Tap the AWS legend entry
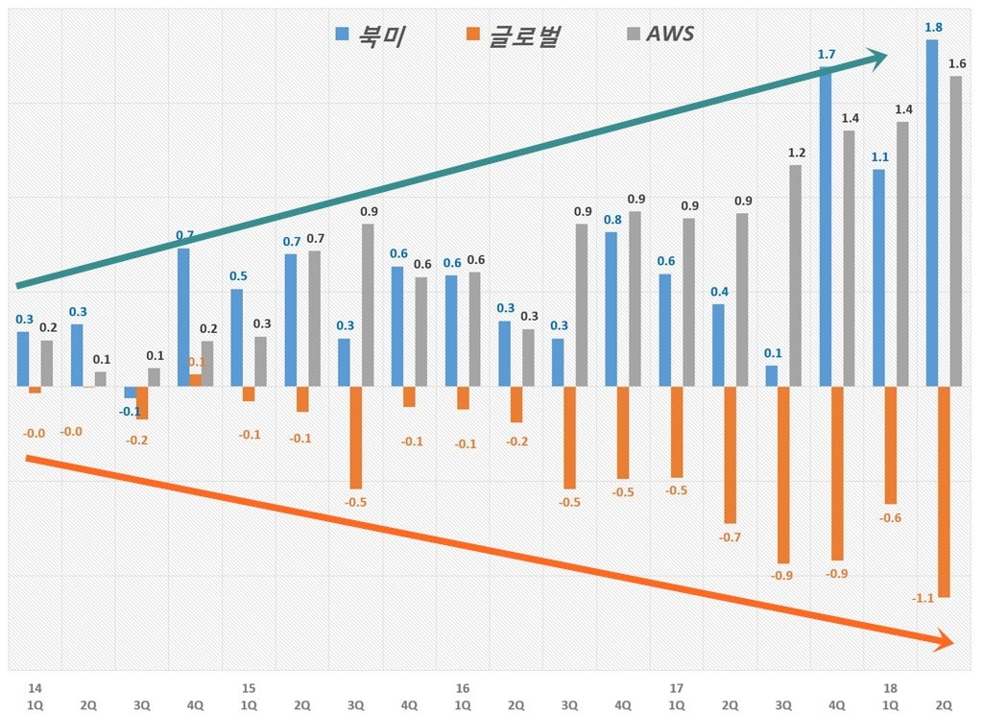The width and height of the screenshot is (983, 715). (659, 35)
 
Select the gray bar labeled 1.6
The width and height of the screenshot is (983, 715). (955, 231)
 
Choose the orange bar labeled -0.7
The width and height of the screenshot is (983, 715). (731, 454)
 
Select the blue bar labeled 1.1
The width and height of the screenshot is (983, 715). (878, 278)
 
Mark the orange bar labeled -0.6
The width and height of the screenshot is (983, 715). (890, 444)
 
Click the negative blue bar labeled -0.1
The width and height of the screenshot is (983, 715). (131, 392)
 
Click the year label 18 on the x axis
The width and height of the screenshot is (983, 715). (890, 688)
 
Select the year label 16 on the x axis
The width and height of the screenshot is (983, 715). (463, 688)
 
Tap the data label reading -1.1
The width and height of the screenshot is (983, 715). (923, 598)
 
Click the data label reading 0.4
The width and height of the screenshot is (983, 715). (719, 292)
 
